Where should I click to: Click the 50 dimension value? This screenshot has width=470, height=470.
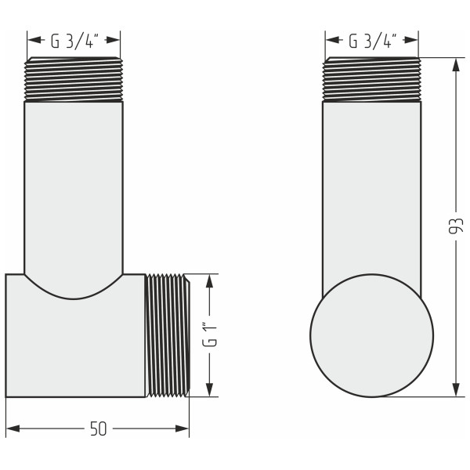pos(98,429)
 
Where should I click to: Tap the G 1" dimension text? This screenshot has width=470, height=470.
pos(209,334)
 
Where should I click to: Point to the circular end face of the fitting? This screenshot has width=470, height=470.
pos(371,335)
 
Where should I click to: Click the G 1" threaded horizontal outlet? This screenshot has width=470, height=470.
pos(168,335)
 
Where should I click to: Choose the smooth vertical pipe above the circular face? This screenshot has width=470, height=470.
pos(372,188)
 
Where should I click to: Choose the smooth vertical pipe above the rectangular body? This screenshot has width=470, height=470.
pos(74,188)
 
